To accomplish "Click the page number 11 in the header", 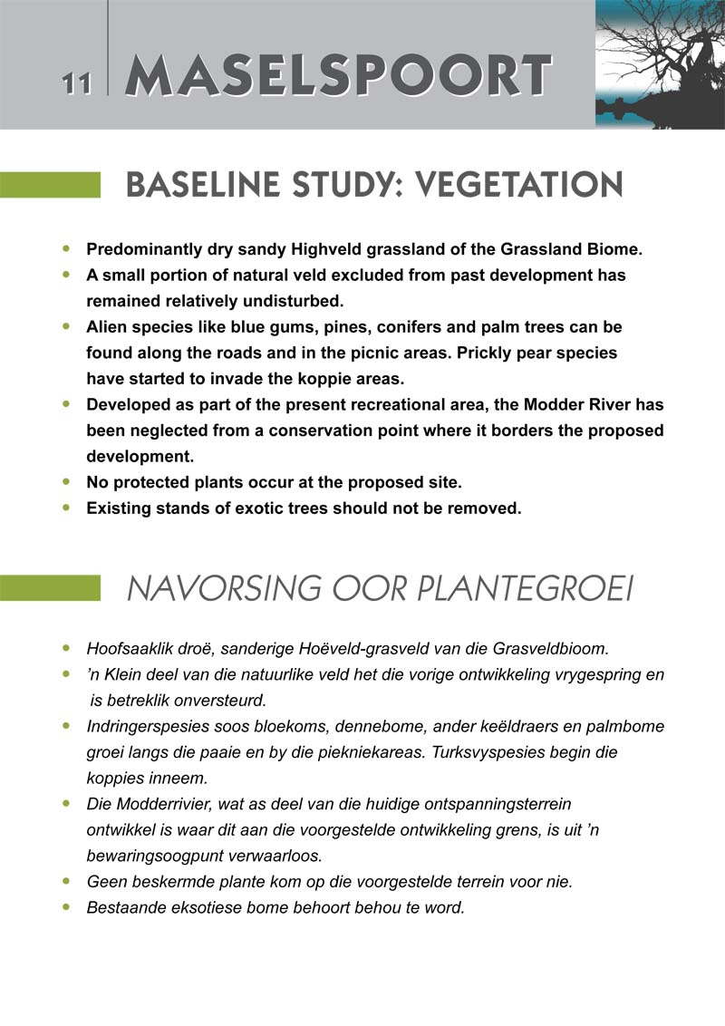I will click(77, 82).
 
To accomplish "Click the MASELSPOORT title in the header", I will click(337, 75).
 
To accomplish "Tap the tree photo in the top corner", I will click(660, 63).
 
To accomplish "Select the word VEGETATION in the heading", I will click(517, 186).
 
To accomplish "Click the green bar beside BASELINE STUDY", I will click(50, 186).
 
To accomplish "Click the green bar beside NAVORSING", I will click(50, 589).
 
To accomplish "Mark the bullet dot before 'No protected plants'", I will click(65, 481).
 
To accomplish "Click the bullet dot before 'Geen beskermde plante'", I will click(65, 881).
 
